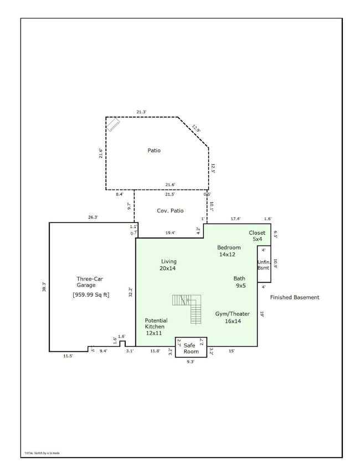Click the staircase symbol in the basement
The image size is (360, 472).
(x=188, y=308)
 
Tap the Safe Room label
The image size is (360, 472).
(x=191, y=348)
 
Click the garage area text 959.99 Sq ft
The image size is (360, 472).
(x=91, y=295)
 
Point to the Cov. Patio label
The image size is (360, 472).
(x=170, y=211)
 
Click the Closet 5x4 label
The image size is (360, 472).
(x=258, y=236)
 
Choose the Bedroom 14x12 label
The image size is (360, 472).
(x=229, y=251)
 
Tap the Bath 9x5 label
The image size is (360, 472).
(x=239, y=282)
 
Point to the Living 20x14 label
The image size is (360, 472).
(x=168, y=264)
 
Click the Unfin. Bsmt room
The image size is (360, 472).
(x=263, y=264)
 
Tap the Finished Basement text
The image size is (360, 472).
(x=295, y=298)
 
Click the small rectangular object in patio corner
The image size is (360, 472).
(x=114, y=125)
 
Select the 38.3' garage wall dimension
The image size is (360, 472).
(x=44, y=287)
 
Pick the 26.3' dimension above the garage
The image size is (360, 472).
(x=92, y=217)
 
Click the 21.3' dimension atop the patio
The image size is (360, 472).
(x=141, y=112)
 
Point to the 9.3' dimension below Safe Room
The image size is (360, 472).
(x=191, y=361)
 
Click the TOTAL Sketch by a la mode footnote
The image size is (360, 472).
(x=42, y=453)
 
